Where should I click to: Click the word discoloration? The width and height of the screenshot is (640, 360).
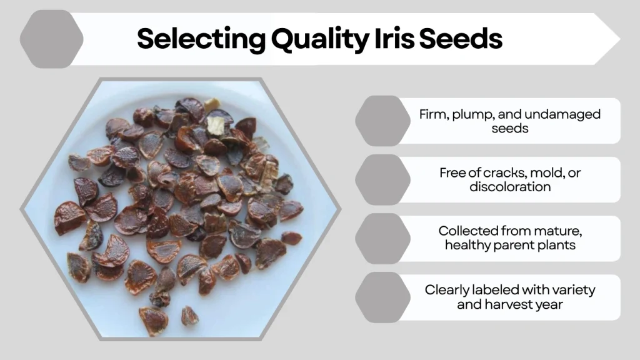point(509,186)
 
